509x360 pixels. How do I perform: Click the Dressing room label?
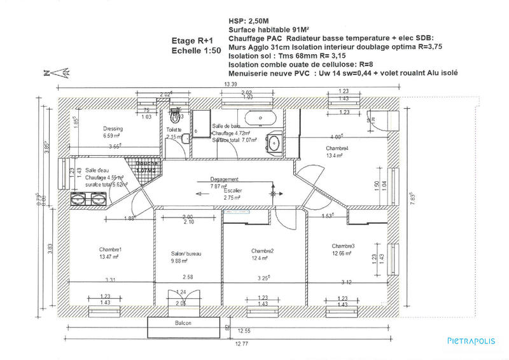[x=112, y=128]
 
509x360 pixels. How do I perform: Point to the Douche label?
[x=146, y=163]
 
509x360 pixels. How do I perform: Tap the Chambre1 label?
[x=110, y=249]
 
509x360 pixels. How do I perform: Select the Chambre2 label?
[x=262, y=251]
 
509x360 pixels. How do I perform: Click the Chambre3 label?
[x=343, y=246]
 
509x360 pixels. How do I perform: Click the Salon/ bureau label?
[x=186, y=254]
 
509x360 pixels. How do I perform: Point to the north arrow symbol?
[x=57, y=72]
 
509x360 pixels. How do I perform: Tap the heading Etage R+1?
[x=188, y=39]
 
